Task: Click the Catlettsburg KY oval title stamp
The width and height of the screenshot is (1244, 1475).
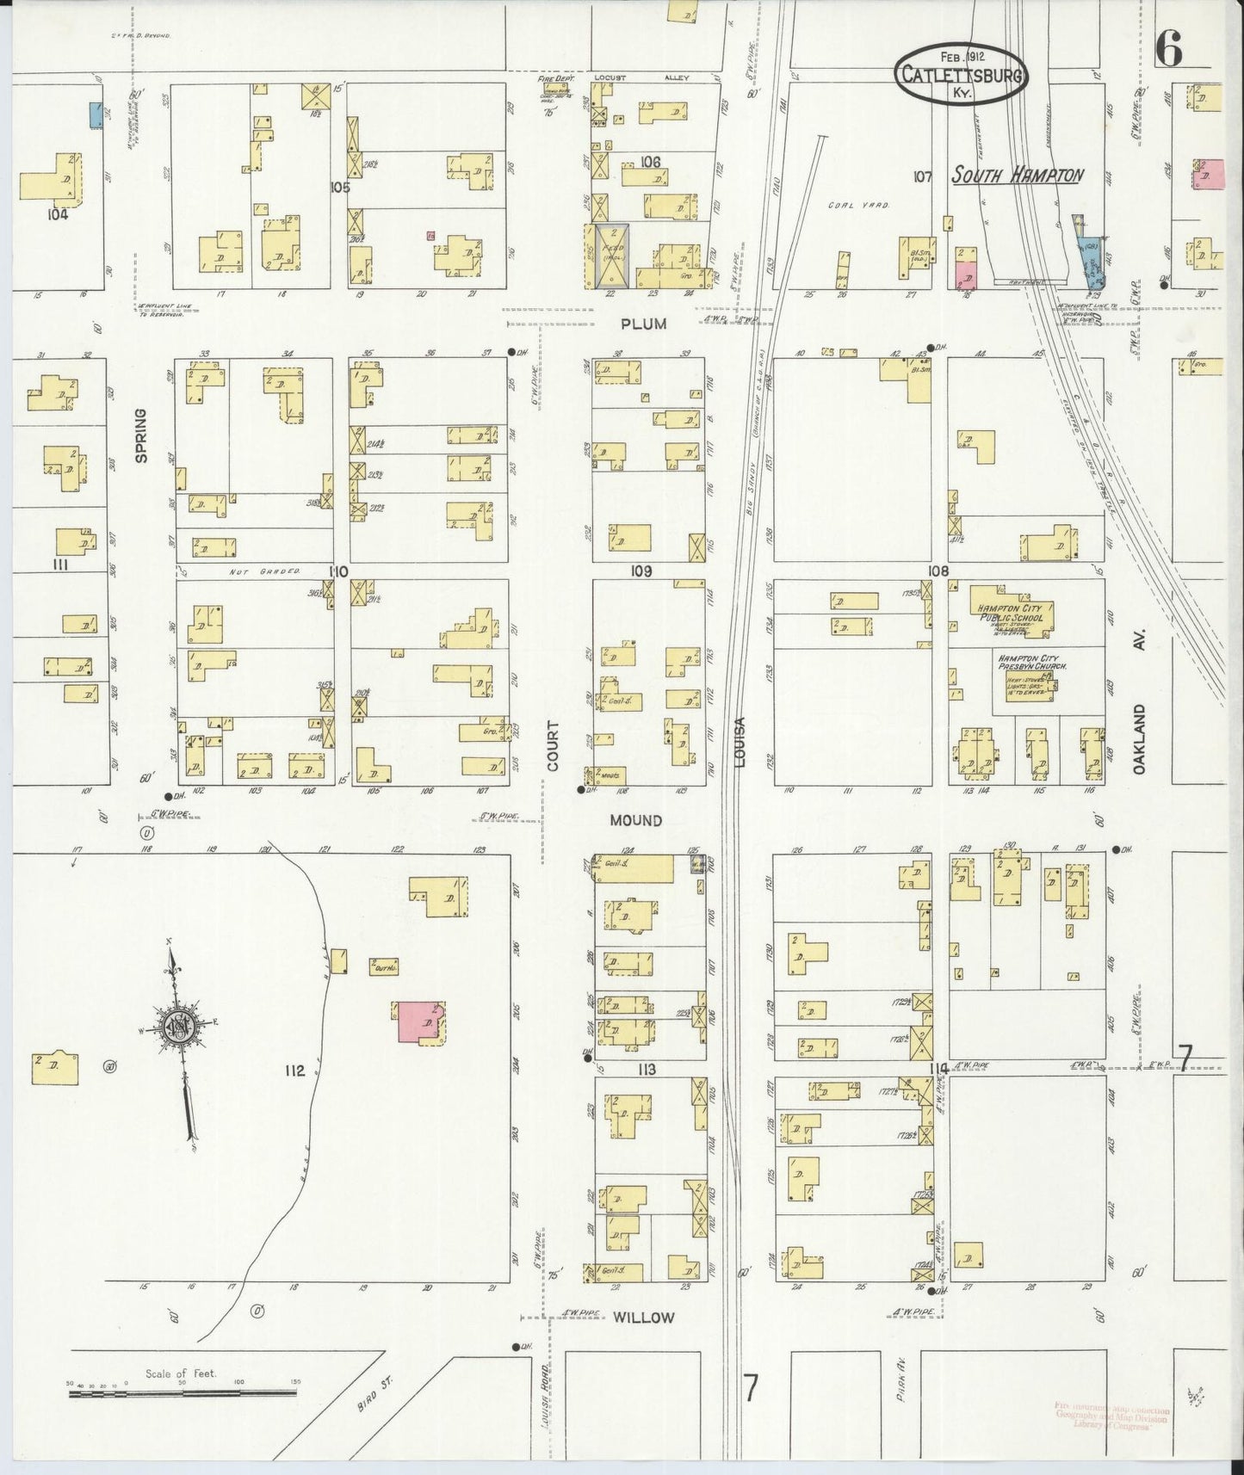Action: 961,75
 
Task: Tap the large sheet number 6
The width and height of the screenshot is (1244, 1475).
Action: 1168,52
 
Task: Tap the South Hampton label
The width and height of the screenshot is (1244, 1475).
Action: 1017,176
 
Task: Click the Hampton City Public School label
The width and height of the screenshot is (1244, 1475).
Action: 1009,613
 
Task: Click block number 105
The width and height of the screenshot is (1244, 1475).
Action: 340,187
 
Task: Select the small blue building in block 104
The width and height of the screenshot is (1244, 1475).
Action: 96,114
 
